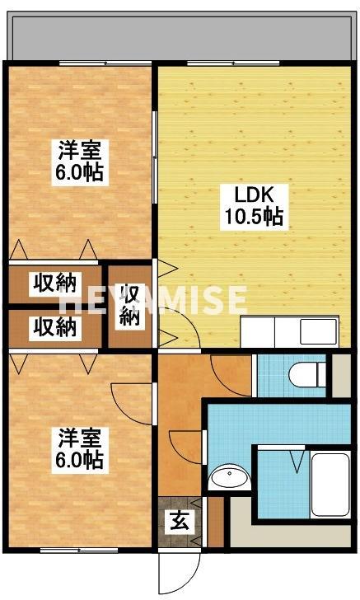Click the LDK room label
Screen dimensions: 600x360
(249, 196)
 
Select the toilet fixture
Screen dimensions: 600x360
(308, 374)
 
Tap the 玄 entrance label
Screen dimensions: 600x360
(178, 520)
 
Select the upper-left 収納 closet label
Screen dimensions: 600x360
(54, 284)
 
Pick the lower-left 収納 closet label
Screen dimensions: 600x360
(54, 326)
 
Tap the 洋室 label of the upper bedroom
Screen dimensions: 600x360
(80, 152)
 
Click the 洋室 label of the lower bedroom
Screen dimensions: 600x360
(80, 435)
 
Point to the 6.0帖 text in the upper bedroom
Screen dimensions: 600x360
(80, 173)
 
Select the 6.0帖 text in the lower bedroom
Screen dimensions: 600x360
(80, 459)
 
